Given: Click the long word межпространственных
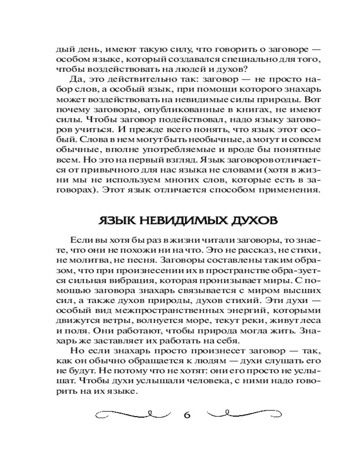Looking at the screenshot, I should [175, 311].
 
